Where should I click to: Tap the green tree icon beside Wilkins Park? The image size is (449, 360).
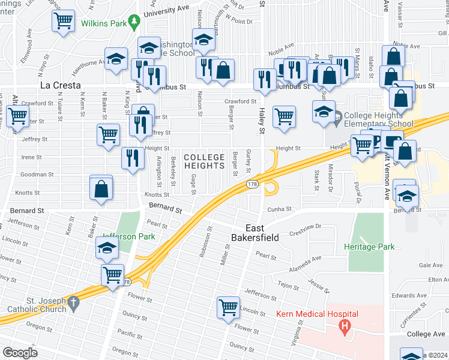(x=136, y=22)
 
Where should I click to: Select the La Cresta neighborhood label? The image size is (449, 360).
(x=60, y=85)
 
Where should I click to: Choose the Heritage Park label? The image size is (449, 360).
(x=369, y=247)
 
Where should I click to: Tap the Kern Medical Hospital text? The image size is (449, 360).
(x=317, y=314)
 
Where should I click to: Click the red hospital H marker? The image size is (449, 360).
(x=344, y=327)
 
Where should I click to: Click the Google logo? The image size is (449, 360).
(x=20, y=353)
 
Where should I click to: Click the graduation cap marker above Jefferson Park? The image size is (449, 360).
(x=107, y=247)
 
